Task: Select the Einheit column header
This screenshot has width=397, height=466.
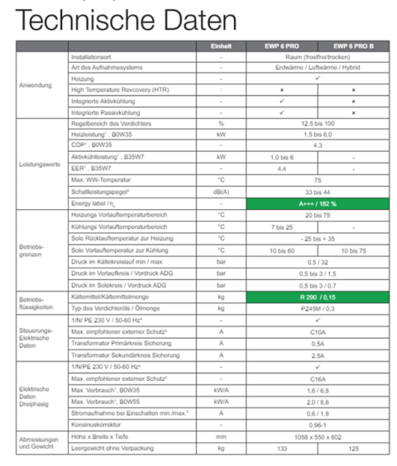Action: point(221,45)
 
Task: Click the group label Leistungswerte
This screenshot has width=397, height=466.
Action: point(36,163)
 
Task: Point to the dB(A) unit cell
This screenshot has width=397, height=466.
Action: point(221,191)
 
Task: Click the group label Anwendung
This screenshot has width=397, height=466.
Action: point(36,85)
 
